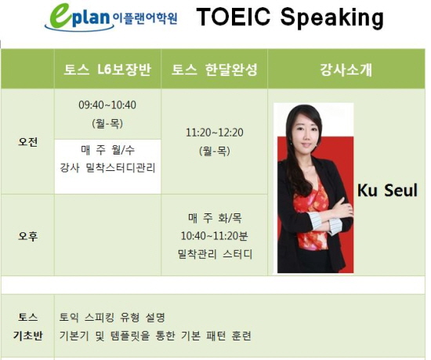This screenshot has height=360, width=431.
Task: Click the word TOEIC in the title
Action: coord(233,16)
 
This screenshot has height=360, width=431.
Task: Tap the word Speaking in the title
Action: coord(331,18)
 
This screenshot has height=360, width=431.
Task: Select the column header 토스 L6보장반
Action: coord(107,69)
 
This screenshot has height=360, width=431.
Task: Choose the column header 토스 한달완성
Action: coord(215,69)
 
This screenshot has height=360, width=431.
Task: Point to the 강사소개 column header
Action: coord(346,70)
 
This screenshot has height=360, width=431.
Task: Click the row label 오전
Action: coord(27,142)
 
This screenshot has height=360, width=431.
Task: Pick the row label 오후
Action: coord(27,236)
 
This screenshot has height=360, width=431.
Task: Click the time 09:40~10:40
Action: coord(107,105)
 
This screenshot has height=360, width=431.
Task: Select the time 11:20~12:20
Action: coord(215,133)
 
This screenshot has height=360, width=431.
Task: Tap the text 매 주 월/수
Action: coord(108,150)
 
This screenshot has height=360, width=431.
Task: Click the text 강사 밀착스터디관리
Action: coord(108,168)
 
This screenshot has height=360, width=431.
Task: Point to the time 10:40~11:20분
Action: coord(215,236)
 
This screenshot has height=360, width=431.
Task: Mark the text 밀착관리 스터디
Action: coord(215,254)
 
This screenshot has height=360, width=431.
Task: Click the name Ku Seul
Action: coord(387,190)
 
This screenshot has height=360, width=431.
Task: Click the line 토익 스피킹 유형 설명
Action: coord(112,318)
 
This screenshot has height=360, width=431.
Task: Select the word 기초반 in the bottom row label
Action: coord(27,336)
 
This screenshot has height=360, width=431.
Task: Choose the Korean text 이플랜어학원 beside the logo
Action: coord(145,18)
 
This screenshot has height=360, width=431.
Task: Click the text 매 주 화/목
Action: coord(215,218)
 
